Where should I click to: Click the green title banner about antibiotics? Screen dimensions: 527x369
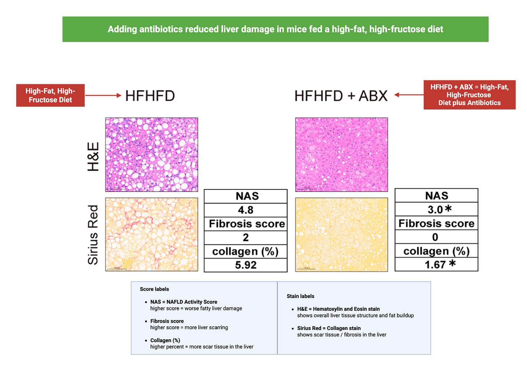coord(275,29)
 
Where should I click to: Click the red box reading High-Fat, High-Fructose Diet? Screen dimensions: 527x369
coord(50,95)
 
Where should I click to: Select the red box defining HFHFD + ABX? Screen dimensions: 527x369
coord(469,95)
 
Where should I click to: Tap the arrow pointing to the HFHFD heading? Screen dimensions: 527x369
coord(103,95)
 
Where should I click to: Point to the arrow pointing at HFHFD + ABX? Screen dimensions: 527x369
coord(409,95)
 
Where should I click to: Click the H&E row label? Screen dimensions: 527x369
coord(93,157)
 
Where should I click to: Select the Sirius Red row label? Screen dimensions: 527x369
coord(93,235)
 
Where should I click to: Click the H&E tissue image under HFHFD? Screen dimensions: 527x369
coord(152,155)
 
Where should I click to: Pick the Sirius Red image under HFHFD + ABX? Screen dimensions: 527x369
coord(341,235)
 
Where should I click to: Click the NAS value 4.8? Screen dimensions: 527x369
coord(246,210)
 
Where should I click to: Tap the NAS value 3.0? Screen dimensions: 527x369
coord(435,209)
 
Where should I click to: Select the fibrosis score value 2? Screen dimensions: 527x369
coord(246,238)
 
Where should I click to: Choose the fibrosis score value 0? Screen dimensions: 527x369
coord(435,237)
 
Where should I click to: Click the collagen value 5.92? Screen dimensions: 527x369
coord(246,265)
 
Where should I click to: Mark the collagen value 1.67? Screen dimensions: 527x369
coord(435,264)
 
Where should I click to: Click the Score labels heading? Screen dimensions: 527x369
coord(154,289)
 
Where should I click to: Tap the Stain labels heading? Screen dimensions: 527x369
coord(300,296)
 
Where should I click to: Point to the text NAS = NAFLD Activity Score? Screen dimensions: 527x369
coord(184,302)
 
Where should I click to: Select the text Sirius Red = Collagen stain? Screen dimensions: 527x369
coord(329,328)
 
